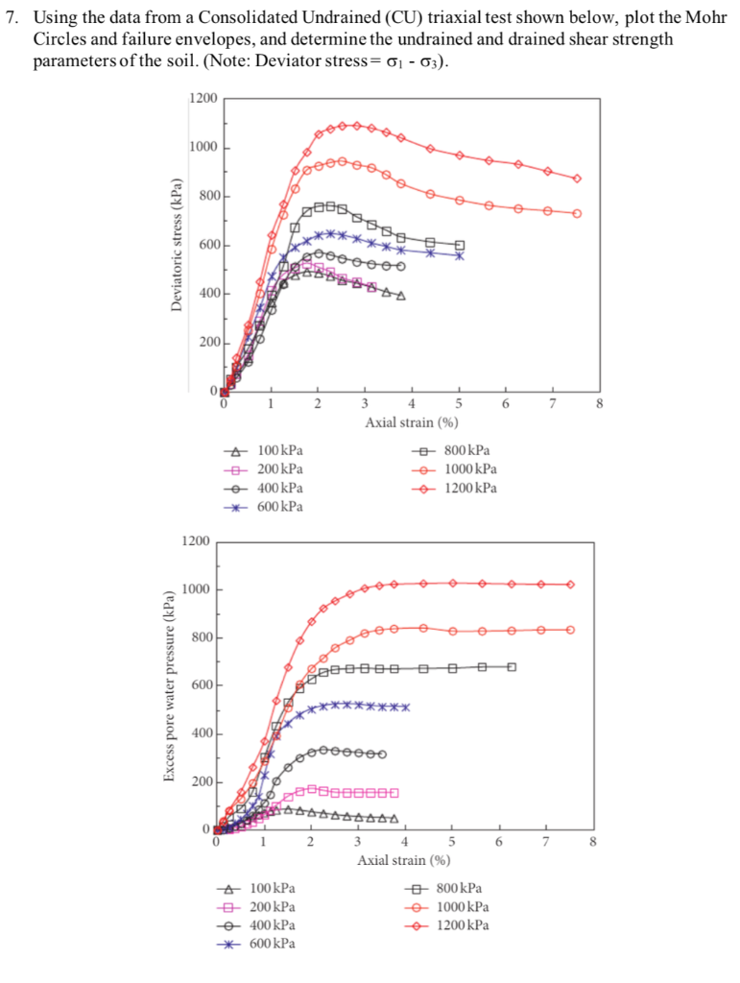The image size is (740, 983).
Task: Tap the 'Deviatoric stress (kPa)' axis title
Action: click(x=176, y=245)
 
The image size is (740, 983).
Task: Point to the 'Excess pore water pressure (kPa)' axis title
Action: click(x=169, y=687)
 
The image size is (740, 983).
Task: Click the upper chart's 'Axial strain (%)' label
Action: click(x=411, y=421)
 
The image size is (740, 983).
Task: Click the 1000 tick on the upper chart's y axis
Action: click(x=203, y=147)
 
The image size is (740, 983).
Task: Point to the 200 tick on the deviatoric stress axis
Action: click(x=208, y=343)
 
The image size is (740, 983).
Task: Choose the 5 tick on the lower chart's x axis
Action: click(x=451, y=842)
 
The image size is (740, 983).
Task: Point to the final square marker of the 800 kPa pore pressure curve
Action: click(x=512, y=666)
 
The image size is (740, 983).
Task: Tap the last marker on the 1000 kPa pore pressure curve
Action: click(x=570, y=630)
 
